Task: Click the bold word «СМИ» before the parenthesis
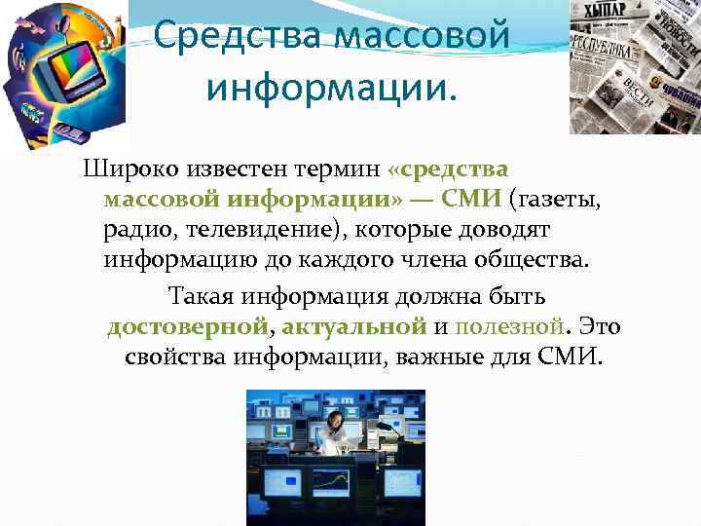pos(471,200)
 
